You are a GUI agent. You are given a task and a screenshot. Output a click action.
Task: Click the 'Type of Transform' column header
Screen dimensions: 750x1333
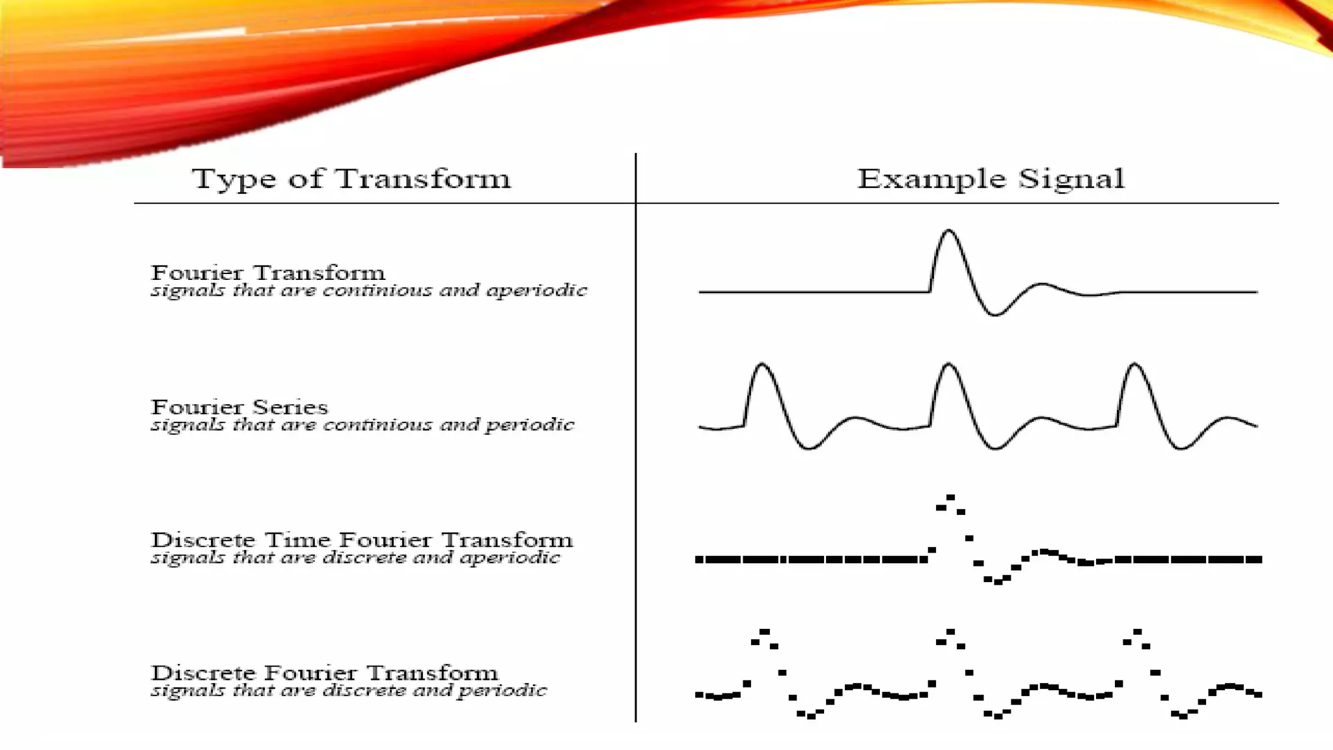click(351, 179)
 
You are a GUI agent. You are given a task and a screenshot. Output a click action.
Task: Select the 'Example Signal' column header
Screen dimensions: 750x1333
click(990, 179)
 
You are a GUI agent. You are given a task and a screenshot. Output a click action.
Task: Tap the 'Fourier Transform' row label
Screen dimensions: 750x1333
click(268, 272)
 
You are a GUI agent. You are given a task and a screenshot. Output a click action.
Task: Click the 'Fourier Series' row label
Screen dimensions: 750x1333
click(240, 407)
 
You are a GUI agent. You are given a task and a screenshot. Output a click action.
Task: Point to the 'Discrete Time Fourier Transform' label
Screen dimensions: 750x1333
click(362, 540)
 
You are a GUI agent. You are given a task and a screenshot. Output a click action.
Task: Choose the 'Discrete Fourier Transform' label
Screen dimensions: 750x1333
click(324, 673)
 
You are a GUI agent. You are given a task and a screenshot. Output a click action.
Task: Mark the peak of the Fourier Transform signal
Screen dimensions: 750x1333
click(948, 230)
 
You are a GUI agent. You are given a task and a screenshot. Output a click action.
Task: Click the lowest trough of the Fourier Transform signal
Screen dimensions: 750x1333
click(995, 315)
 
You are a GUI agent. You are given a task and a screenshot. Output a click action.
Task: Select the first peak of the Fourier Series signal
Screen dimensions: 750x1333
click(762, 365)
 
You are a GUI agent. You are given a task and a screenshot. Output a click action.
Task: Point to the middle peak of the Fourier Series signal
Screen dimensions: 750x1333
click(948, 365)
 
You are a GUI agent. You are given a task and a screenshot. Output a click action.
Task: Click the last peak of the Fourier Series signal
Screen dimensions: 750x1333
click(1134, 365)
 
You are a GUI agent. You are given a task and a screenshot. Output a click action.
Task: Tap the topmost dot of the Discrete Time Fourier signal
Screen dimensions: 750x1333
click(950, 497)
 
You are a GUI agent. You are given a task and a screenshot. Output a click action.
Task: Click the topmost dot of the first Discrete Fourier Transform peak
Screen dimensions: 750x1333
click(765, 632)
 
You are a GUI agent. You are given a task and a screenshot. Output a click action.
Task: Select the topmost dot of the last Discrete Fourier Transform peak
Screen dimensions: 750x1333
click(1137, 632)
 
